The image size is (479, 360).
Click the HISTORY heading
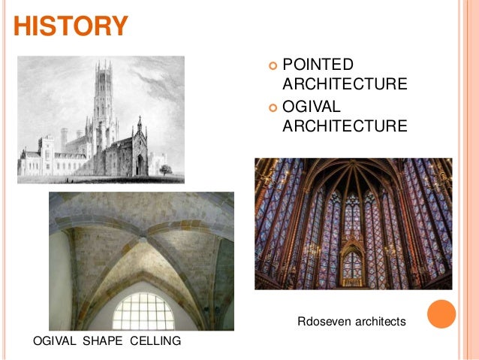pyautogui.click(x=71, y=26)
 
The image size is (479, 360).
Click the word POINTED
pyautogui.click(x=318, y=64)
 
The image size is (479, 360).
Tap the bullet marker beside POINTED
pyautogui.click(x=273, y=65)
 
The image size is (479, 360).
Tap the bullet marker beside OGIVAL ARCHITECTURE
pyautogui.click(x=273, y=107)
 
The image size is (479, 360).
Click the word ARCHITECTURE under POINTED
pyautogui.click(x=345, y=83)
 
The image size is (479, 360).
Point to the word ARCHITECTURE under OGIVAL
pyautogui.click(x=345, y=126)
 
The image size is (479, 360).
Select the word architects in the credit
pyautogui.click(x=380, y=322)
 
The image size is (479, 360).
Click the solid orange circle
pyautogui.click(x=441, y=314)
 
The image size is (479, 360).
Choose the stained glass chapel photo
pyautogui.click(x=353, y=223)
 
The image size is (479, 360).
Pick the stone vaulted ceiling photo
pyautogui.click(x=141, y=261)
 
